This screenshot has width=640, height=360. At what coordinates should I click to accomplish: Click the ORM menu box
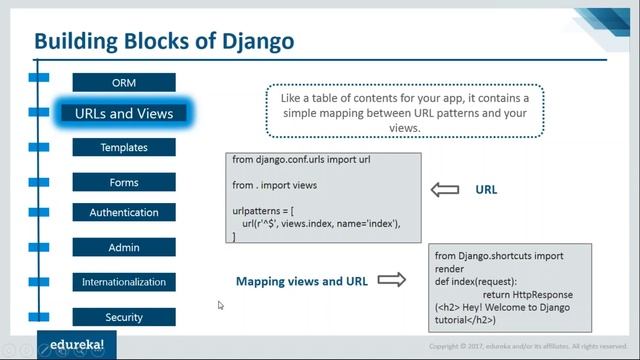click(x=124, y=82)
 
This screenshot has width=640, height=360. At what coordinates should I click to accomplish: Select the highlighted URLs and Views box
click(x=124, y=113)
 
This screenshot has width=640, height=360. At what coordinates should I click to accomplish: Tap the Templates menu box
click(x=124, y=147)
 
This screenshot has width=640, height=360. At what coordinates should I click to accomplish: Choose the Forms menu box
click(x=124, y=182)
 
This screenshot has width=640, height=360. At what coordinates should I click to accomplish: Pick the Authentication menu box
click(x=124, y=212)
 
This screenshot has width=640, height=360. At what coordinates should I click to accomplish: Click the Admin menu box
click(x=124, y=247)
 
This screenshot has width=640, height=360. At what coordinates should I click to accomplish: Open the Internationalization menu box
click(x=124, y=282)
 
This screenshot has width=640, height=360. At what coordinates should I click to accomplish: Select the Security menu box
click(x=124, y=317)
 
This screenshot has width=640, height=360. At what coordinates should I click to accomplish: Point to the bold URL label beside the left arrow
click(x=486, y=189)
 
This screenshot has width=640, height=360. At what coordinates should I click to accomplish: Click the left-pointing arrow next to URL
click(x=442, y=189)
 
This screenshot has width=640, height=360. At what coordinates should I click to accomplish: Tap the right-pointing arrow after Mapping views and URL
click(x=392, y=281)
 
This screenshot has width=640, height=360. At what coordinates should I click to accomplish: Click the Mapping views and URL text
click(x=302, y=282)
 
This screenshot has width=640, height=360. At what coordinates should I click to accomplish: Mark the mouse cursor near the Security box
click(x=220, y=305)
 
